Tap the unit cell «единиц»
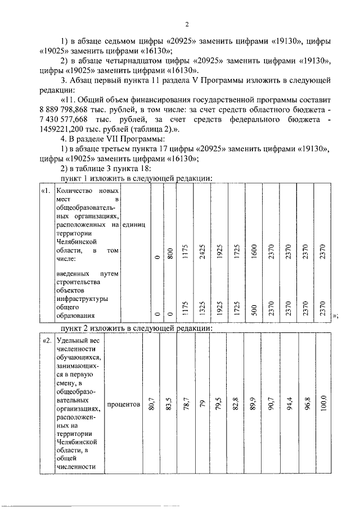point(137,226)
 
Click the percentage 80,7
point(151,405)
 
